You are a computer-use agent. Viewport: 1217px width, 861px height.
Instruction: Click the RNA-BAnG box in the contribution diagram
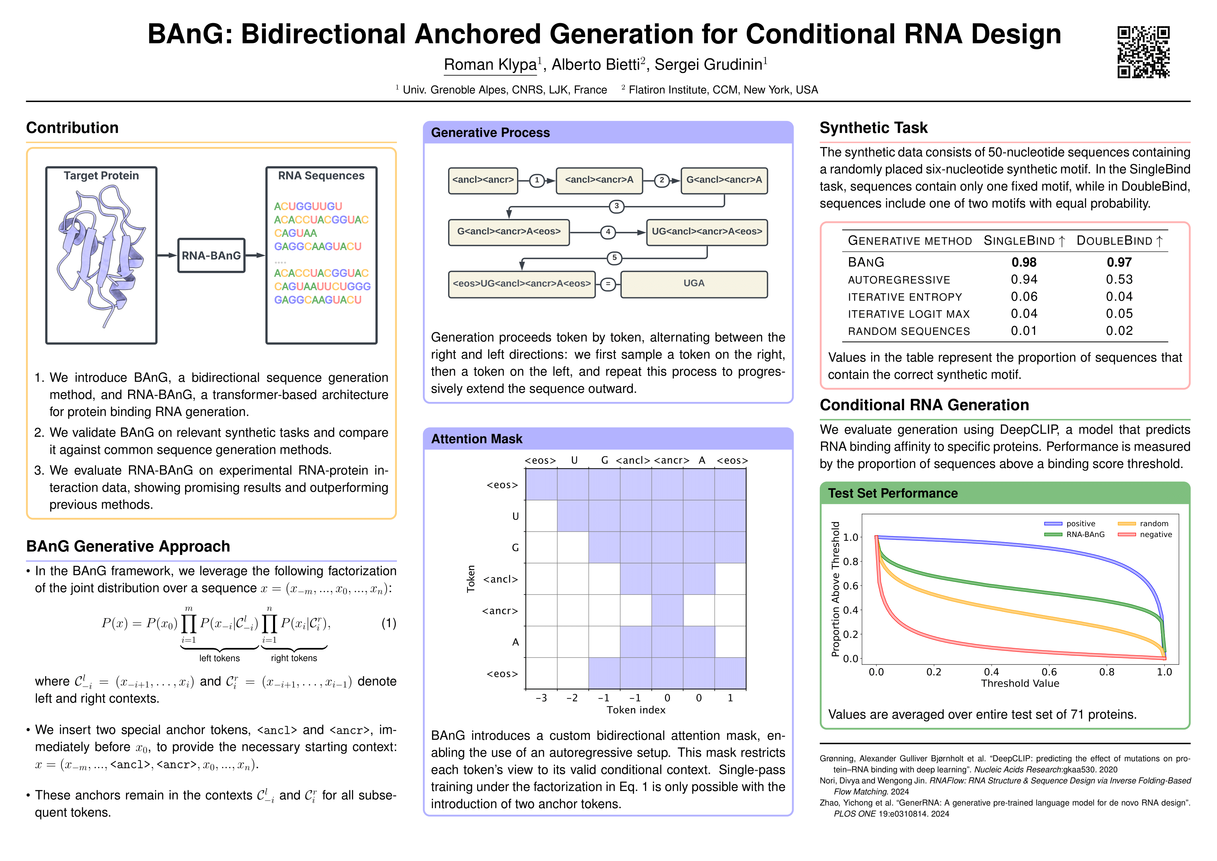coord(211,256)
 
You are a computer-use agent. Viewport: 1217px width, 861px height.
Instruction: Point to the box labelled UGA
coord(693,284)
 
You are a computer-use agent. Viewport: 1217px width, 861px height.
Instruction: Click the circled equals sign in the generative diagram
coord(608,284)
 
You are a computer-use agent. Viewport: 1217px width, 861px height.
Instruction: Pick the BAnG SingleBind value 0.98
coord(1024,263)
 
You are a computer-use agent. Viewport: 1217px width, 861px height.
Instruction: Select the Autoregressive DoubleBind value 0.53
coord(1119,279)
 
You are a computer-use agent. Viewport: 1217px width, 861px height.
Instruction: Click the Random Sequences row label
coord(909,331)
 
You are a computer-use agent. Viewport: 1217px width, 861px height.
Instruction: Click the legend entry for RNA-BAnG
coord(1085,534)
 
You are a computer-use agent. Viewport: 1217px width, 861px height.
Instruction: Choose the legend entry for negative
coord(1156,534)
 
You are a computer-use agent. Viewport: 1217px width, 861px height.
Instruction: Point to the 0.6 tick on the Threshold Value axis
coord(1049,672)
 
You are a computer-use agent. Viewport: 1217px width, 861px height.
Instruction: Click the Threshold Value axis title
coord(1020,683)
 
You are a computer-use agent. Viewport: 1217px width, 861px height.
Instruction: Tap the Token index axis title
coord(636,710)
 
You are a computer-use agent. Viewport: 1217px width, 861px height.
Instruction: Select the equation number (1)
coord(389,623)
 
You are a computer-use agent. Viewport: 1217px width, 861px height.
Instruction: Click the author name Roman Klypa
coord(490,65)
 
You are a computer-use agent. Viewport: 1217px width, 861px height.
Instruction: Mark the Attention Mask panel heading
coord(476,439)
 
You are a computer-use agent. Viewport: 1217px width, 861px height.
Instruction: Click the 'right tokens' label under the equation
coord(294,658)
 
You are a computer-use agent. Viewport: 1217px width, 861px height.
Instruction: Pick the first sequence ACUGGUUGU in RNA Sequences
coord(308,206)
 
